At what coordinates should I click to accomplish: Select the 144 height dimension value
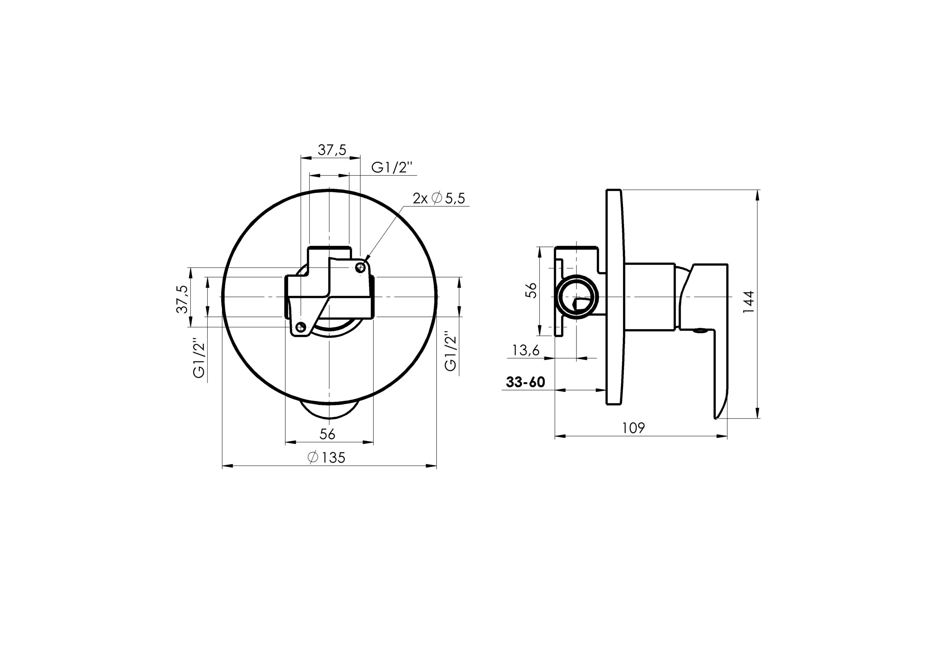749,302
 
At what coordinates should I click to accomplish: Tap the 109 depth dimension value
633,428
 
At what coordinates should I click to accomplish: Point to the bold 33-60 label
525,382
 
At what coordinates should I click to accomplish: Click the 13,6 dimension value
526,350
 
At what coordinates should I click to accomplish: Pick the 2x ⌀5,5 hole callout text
439,199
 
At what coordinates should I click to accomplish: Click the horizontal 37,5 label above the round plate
332,150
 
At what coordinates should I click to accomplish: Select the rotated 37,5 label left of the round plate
182,299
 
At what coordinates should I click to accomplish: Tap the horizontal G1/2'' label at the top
392,167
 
